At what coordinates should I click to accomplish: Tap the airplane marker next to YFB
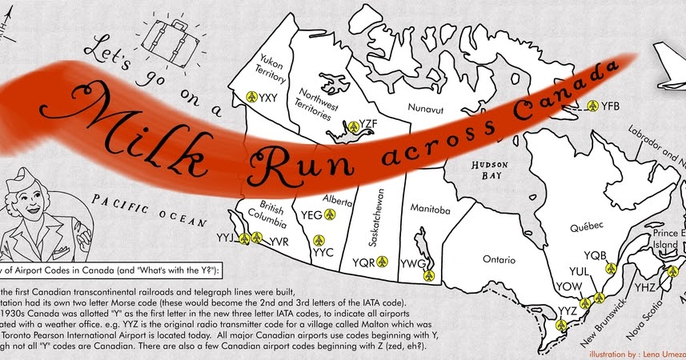(x=593, y=106)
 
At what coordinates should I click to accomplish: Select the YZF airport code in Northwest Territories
(x=369, y=124)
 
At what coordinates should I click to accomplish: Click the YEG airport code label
(x=312, y=214)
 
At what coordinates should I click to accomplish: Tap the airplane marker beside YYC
(x=320, y=240)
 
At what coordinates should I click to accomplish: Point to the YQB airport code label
(x=596, y=256)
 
